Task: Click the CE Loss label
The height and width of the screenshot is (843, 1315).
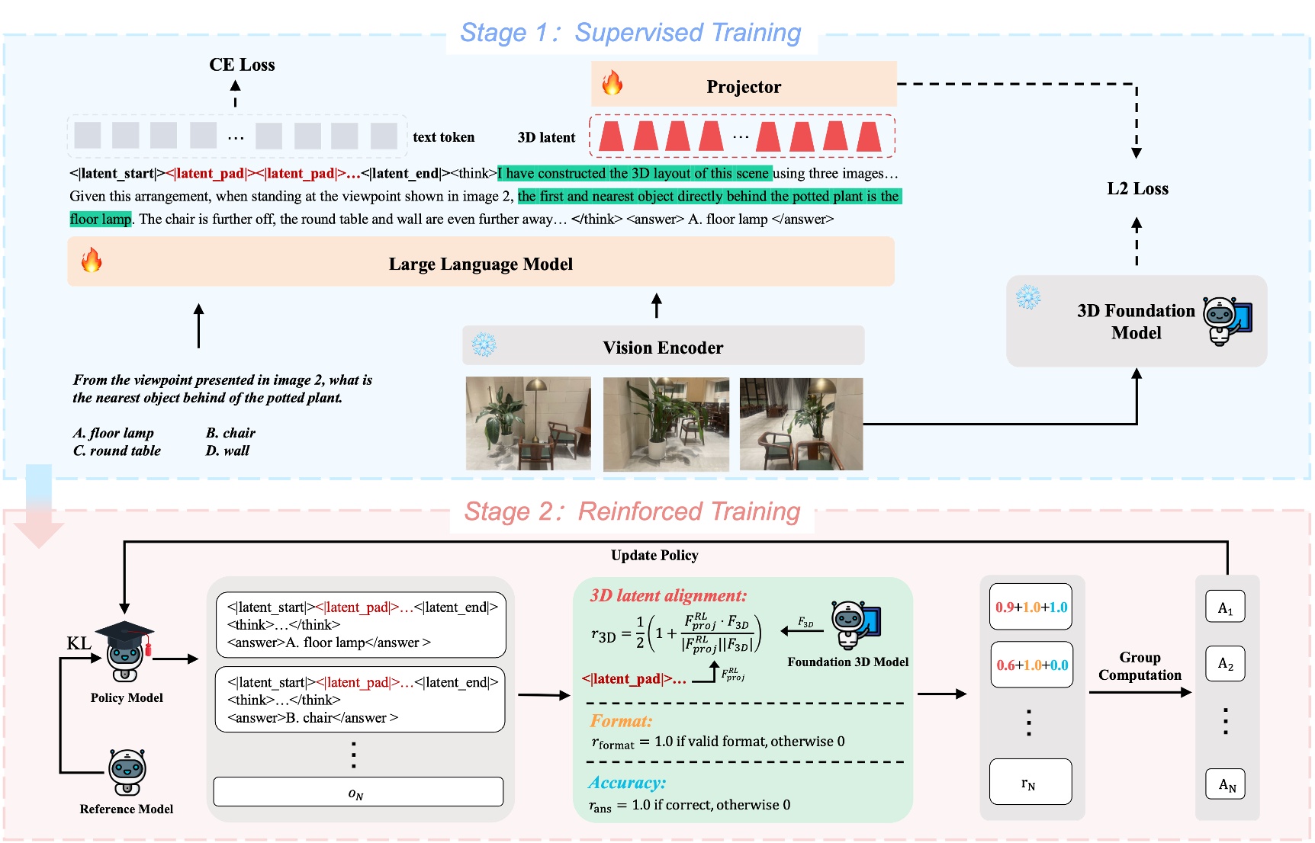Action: pyautogui.click(x=242, y=65)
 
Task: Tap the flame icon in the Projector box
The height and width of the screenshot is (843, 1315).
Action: pyautogui.click(x=612, y=82)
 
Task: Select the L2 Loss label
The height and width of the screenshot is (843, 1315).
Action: pyautogui.click(x=1137, y=188)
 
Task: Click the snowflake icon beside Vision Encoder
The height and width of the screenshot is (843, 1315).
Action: pyautogui.click(x=484, y=345)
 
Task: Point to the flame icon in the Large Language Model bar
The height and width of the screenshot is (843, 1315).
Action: pyautogui.click(x=92, y=261)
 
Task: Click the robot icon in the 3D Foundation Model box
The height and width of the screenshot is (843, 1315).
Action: pyautogui.click(x=1227, y=321)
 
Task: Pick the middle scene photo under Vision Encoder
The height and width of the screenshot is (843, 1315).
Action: pyautogui.click(x=665, y=424)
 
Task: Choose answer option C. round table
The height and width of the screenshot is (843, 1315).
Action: pyautogui.click(x=117, y=450)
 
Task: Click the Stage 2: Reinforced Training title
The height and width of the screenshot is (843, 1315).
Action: pyautogui.click(x=632, y=511)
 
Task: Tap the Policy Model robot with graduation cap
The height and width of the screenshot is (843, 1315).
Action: pyautogui.click(x=125, y=652)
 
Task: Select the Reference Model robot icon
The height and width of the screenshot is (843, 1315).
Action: pyautogui.click(x=127, y=772)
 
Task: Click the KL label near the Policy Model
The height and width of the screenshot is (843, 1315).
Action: pyautogui.click(x=79, y=643)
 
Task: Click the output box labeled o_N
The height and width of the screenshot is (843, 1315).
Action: pyautogui.click(x=358, y=792)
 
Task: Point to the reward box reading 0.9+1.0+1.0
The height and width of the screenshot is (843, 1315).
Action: pyautogui.click(x=1030, y=607)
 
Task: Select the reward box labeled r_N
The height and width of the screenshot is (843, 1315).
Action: pyautogui.click(x=1030, y=782)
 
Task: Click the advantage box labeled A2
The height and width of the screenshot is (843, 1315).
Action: pyautogui.click(x=1225, y=663)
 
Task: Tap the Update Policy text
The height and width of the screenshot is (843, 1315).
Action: pyautogui.click(x=654, y=555)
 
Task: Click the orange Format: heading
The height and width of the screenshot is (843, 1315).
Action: pyautogui.click(x=621, y=720)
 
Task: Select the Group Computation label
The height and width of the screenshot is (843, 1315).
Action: pyautogui.click(x=1140, y=666)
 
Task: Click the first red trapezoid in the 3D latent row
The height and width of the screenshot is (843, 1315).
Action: pyautogui.click(x=611, y=136)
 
